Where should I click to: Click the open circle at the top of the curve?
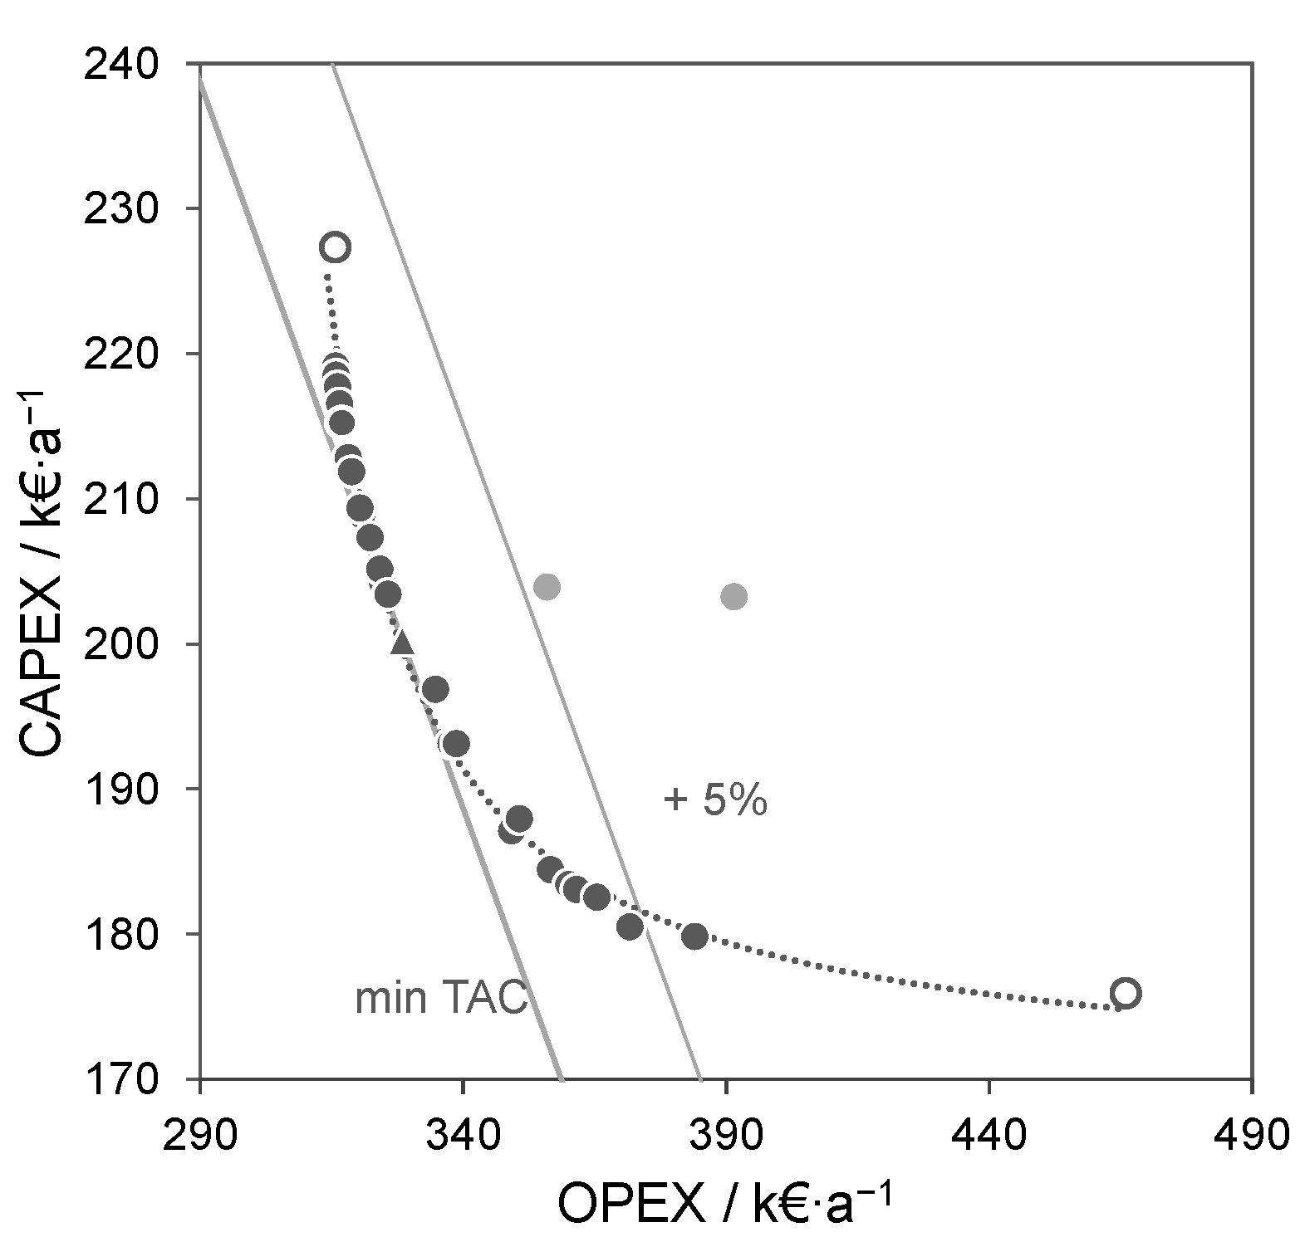[335, 247]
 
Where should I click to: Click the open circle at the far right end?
[1125, 993]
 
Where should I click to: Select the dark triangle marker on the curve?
[402, 642]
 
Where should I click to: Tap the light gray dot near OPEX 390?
[733, 596]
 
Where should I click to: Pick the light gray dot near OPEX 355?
[546, 587]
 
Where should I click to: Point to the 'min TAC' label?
[441, 999]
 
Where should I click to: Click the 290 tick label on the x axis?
[200, 1132]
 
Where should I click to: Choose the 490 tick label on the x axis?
[1251, 1132]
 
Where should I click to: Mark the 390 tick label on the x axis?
[726, 1132]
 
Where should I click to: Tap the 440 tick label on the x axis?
[989, 1132]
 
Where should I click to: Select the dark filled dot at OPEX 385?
[694, 936]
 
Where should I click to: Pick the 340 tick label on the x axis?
[463, 1132]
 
